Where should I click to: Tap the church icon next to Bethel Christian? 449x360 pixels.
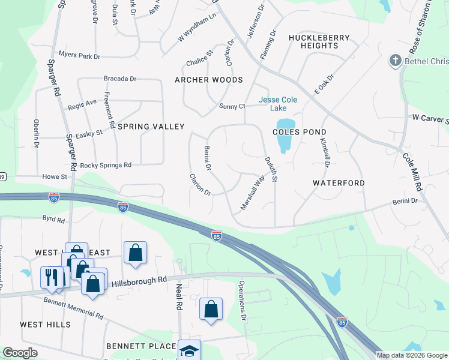[x=395, y=60]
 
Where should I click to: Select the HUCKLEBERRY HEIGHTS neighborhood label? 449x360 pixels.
[x=310, y=41]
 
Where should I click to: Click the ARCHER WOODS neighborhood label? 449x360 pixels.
[x=208, y=80]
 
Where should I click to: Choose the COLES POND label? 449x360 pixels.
[x=300, y=132]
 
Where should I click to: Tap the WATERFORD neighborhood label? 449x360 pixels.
[x=339, y=182]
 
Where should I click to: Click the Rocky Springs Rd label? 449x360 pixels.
[x=106, y=165]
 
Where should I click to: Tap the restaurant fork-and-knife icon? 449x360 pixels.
[x=52, y=277]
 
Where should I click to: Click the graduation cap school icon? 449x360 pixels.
[x=189, y=350]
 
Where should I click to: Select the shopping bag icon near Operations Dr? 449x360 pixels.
[x=211, y=309]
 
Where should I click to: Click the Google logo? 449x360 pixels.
[x=20, y=353]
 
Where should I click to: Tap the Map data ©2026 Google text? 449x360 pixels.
[x=411, y=355]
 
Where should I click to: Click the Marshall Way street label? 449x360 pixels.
[x=253, y=191]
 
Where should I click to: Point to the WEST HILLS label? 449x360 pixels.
[x=45, y=325]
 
